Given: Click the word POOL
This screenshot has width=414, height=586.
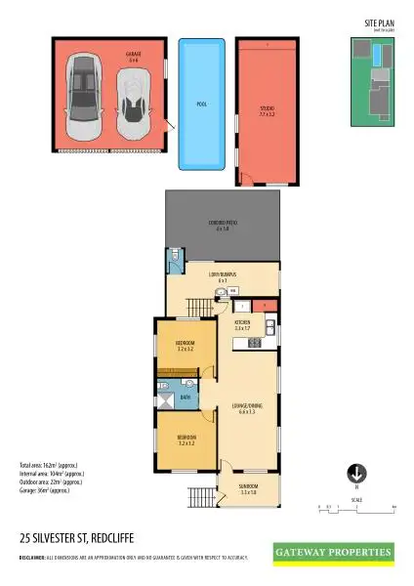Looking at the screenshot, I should pyautogui.click(x=202, y=102).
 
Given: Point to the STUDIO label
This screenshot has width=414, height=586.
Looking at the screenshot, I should pyautogui.click(x=267, y=111).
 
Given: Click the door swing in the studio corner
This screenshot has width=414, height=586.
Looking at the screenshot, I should pyautogui.click(x=246, y=178).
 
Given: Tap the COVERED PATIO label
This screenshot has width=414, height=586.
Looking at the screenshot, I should pyautogui.click(x=224, y=226).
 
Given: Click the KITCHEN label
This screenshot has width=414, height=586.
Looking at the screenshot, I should pyautogui.click(x=242, y=323).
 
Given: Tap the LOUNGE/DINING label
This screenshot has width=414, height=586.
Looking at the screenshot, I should pyautogui.click(x=246, y=407).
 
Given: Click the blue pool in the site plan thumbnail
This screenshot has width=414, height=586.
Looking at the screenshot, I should pyautogui.click(x=378, y=60).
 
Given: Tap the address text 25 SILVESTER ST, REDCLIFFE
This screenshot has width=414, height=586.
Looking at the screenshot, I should pyautogui.click(x=73, y=537).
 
